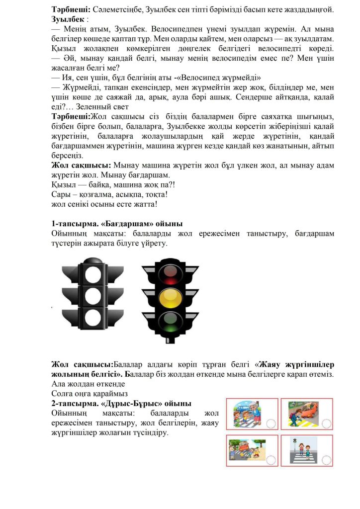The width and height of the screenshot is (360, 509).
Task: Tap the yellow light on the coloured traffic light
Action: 171,297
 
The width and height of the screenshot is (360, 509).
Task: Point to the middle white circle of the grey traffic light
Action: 93,295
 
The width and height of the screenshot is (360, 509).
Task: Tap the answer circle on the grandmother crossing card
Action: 270,424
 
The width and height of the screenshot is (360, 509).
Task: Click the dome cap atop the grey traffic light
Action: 93,260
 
